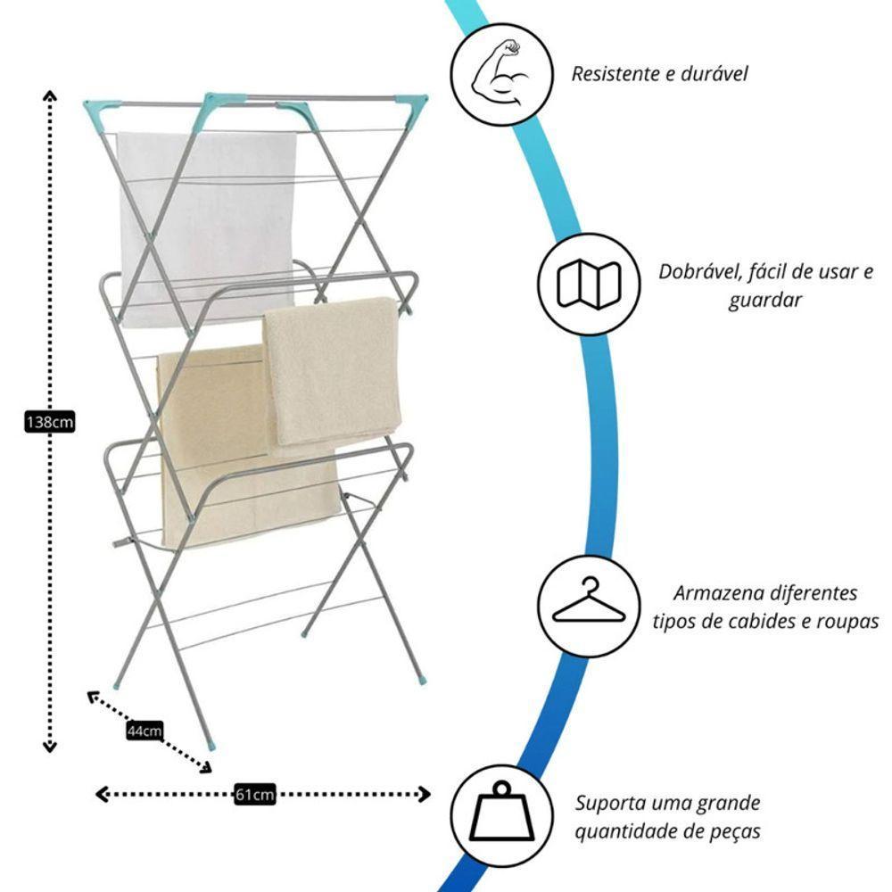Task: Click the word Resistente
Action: coord(615,73)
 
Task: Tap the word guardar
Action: coord(764,301)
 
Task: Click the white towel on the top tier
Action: coord(207,214)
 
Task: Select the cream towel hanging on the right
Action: coord(331,370)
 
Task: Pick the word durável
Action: coord(714,73)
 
